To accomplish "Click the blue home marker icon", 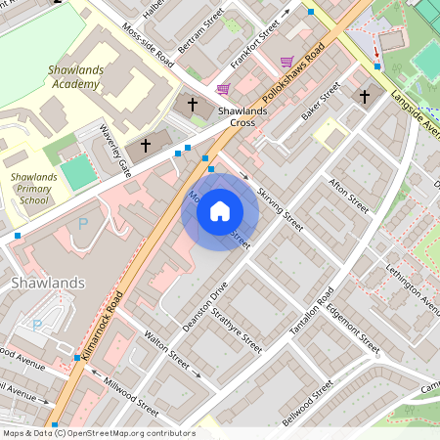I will tap(220, 211).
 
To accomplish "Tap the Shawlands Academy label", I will tap(73, 77).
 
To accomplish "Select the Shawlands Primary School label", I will tap(33, 188).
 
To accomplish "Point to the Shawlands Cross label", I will tap(242, 116).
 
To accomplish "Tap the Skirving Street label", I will tap(280, 203).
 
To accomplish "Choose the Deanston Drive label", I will tap(205, 304).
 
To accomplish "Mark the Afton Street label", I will tap(349, 196).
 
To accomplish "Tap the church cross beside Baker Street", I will tap(365, 97).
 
